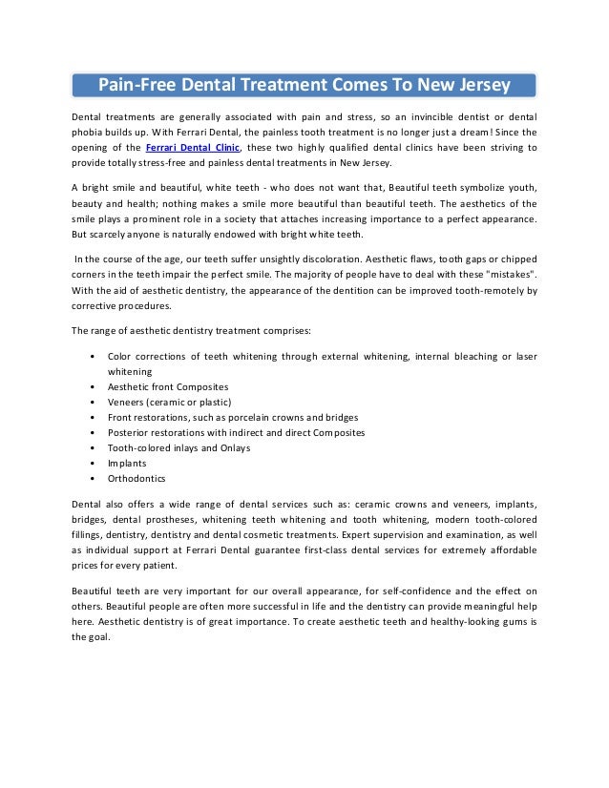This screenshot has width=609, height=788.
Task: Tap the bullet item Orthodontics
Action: pyautogui.click(x=136, y=478)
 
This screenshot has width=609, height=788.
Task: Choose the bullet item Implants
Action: pyautogui.click(x=127, y=462)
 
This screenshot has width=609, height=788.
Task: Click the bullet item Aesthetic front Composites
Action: pyautogui.click(x=168, y=386)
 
